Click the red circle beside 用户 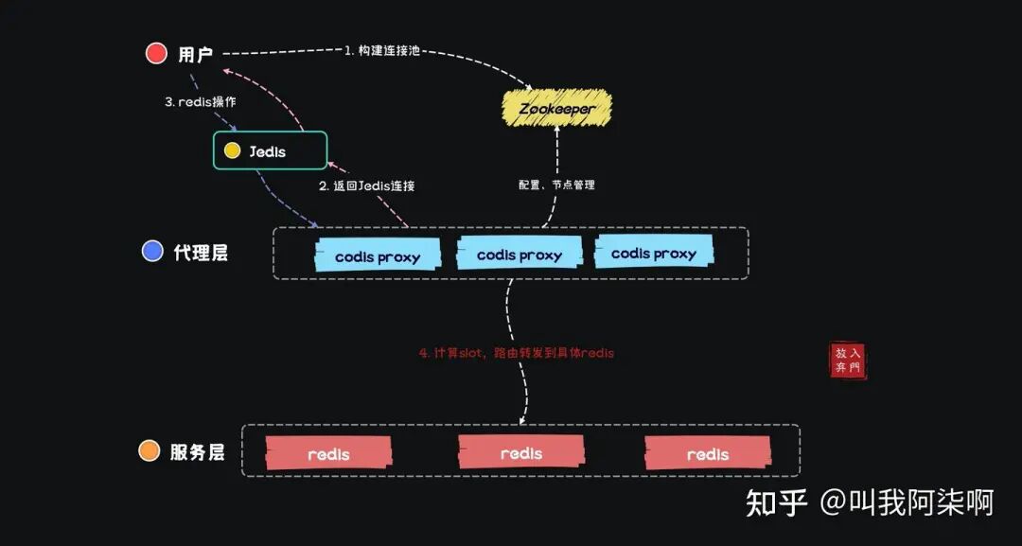click(x=156, y=53)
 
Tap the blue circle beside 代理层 click(x=152, y=251)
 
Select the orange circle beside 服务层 click(x=150, y=450)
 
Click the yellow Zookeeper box click(x=556, y=109)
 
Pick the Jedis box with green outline click(x=270, y=150)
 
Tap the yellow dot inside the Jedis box click(x=232, y=150)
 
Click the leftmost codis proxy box click(x=377, y=256)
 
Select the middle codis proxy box click(x=519, y=255)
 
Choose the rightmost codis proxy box click(x=653, y=253)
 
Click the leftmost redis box click(x=328, y=453)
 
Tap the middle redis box click(x=520, y=452)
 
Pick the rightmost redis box click(x=707, y=453)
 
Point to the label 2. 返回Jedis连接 click(x=366, y=185)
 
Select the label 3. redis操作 click(x=200, y=101)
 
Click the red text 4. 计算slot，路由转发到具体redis click(x=517, y=352)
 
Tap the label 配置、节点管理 click(x=556, y=185)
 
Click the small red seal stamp click(x=848, y=360)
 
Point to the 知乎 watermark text click(x=776, y=502)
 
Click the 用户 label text click(x=196, y=54)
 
